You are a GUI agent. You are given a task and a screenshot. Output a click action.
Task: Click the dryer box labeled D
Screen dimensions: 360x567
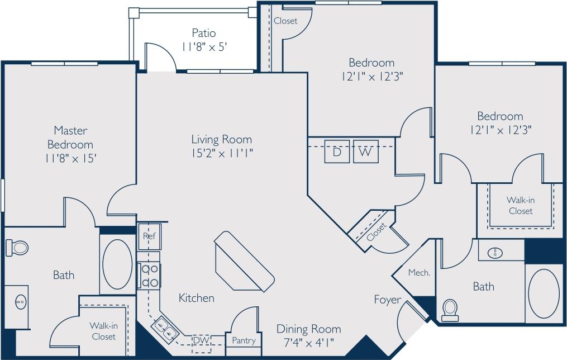click(x=337, y=151)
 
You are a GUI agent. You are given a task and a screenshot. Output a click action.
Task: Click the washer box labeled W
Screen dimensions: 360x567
click(x=365, y=151)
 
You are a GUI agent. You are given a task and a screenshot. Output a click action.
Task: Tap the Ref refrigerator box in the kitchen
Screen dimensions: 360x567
click(x=149, y=236)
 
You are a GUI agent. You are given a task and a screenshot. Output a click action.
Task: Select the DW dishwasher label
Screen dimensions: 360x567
click(x=201, y=339)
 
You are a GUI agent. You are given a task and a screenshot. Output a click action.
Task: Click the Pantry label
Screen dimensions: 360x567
click(x=244, y=340)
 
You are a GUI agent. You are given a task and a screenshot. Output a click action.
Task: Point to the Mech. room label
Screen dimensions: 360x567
click(x=419, y=273)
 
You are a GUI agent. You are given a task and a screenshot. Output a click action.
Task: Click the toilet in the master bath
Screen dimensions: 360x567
click(x=18, y=247)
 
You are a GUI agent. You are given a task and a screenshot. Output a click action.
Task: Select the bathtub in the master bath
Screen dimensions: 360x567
click(x=117, y=264)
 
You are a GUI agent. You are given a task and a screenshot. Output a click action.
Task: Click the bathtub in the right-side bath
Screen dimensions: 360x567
click(x=544, y=293)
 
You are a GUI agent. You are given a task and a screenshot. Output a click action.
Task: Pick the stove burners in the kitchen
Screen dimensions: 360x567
click(x=149, y=276)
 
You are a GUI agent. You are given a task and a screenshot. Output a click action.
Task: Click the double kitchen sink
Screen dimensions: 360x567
click(x=165, y=328)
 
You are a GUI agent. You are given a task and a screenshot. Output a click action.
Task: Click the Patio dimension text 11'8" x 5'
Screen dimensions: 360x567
click(x=203, y=47)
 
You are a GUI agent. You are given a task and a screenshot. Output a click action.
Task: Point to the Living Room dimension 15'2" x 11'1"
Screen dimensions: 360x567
click(x=222, y=153)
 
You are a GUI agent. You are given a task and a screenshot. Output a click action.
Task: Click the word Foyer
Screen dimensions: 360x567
click(x=387, y=300)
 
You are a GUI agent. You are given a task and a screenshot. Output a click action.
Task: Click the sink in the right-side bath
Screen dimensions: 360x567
click(x=495, y=253)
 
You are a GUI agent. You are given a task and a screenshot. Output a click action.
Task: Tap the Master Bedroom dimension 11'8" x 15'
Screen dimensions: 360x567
click(x=71, y=158)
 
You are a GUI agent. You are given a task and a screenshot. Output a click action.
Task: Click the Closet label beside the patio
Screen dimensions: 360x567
click(x=285, y=21)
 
